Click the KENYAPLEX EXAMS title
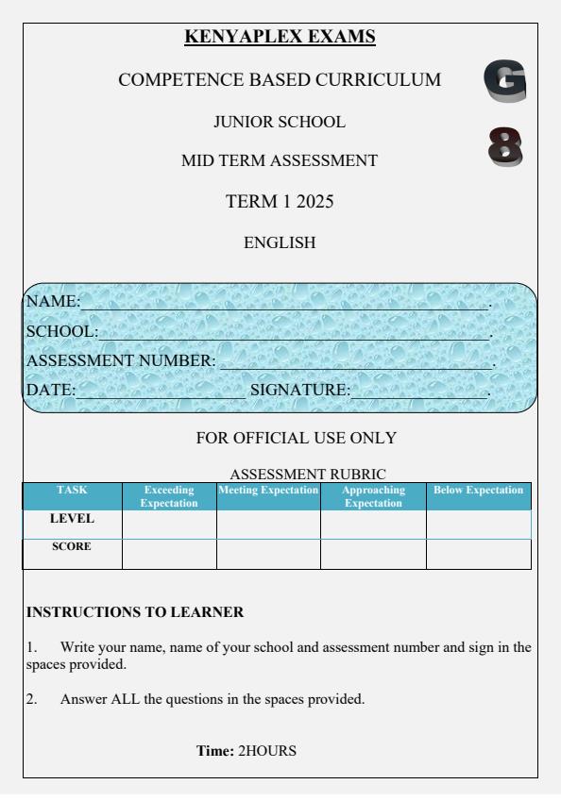[x=280, y=37]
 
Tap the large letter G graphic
[x=503, y=81]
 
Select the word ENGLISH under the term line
[x=280, y=242]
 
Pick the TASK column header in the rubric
[x=72, y=491]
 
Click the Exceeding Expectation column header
[x=169, y=496]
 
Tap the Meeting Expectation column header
[x=268, y=491]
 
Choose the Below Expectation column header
[x=478, y=491]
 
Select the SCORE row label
[x=72, y=546]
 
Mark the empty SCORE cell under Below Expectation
[x=478, y=554]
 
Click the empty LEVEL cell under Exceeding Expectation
[x=169, y=525]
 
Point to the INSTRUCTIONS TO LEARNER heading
[x=135, y=612]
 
